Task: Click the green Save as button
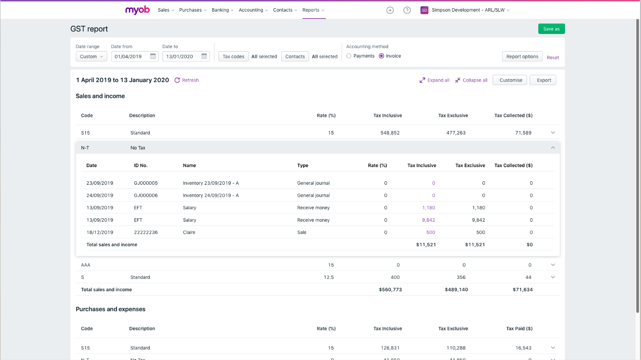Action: [551, 29]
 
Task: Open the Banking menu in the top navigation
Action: [222, 10]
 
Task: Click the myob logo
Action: [137, 10]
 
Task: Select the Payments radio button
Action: [349, 56]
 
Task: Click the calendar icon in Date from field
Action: [153, 56]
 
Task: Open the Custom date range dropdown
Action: [92, 56]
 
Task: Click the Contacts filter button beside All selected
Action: [295, 56]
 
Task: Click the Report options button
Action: [522, 56]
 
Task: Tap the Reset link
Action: [553, 58]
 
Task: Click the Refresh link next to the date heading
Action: [187, 80]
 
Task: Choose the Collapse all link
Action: [471, 80]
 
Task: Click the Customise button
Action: [510, 80]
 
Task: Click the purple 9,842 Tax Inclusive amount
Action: [428, 220]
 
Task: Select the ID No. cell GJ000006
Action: [146, 195]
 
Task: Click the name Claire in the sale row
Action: [189, 232]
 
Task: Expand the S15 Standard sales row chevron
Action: [553, 133]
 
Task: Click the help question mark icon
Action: [407, 10]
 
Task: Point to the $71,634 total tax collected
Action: [522, 290]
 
